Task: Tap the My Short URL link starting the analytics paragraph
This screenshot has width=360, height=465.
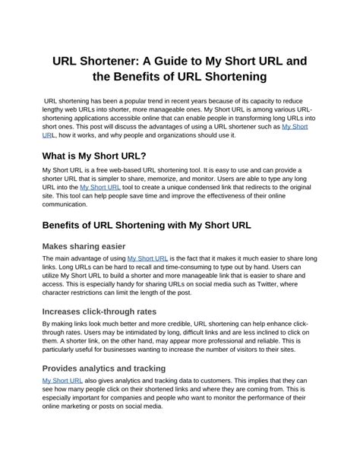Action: pos(62,380)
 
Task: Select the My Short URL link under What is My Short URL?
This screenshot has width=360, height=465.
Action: pos(99,186)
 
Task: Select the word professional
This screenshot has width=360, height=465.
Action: pos(255,342)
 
